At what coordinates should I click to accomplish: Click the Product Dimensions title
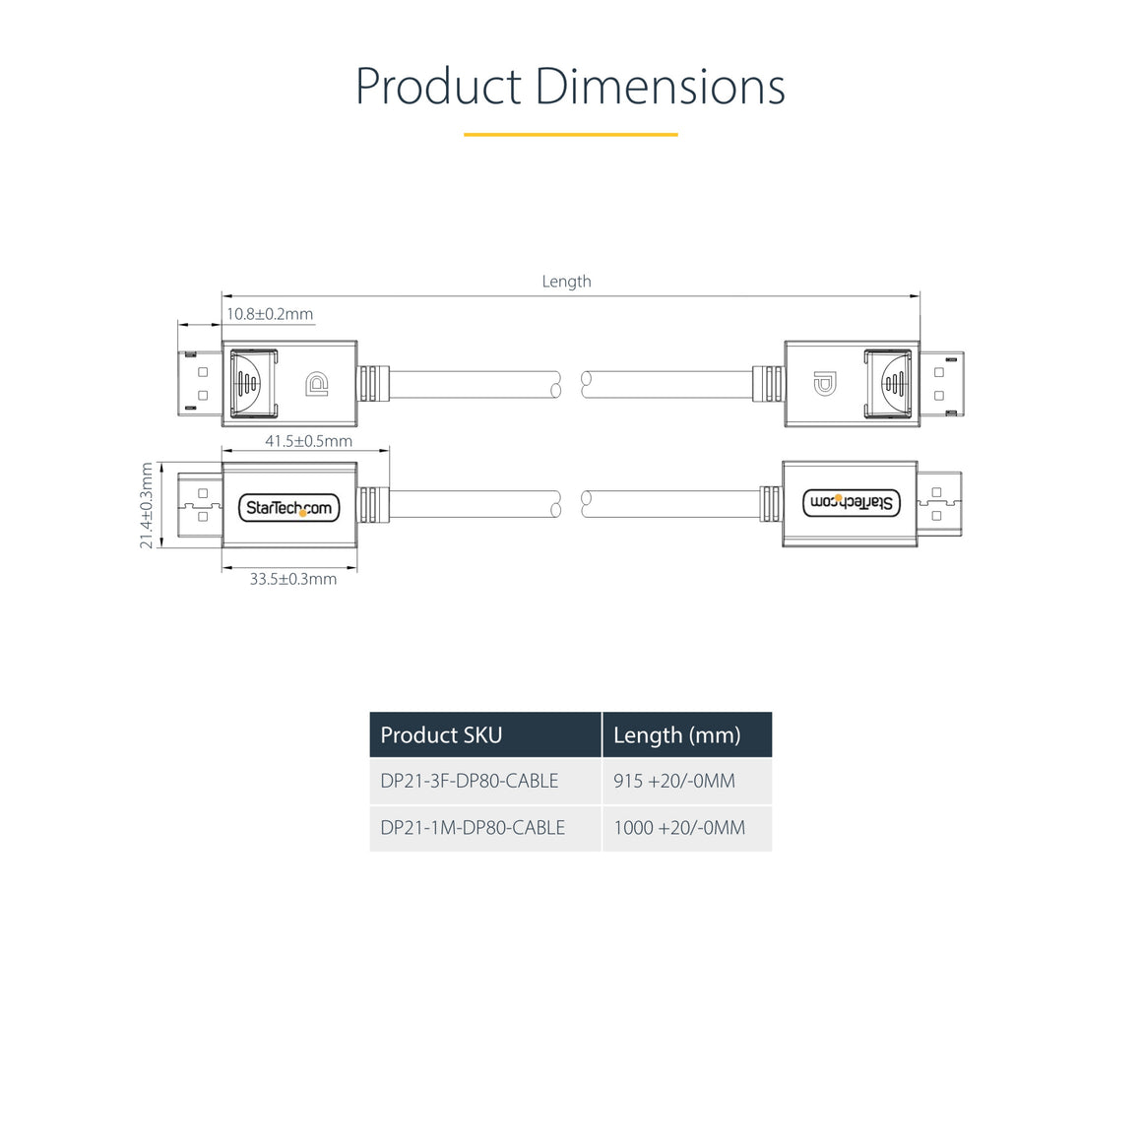click(x=570, y=87)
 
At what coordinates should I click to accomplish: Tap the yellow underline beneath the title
click(x=570, y=134)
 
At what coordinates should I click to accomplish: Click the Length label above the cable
click(x=566, y=282)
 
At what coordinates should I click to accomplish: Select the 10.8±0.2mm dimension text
click(x=270, y=314)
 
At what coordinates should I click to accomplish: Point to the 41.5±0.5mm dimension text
click(x=308, y=441)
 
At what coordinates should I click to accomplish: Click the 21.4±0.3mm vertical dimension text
click(x=147, y=505)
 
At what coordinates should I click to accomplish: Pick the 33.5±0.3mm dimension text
click(x=292, y=579)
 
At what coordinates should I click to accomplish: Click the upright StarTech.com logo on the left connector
click(x=289, y=508)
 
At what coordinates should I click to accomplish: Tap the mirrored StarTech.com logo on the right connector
click(x=852, y=503)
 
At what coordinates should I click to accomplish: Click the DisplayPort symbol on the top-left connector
click(x=317, y=384)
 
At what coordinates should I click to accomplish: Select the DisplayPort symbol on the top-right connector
click(x=824, y=384)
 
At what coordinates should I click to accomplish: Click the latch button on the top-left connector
click(x=252, y=383)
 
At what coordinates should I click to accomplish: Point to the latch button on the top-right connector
click(x=889, y=383)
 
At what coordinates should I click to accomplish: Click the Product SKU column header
click(x=441, y=735)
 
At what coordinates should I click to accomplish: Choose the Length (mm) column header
click(x=676, y=735)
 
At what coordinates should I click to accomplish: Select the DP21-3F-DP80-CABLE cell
click(x=470, y=781)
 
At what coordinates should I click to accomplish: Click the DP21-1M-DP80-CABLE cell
click(x=473, y=828)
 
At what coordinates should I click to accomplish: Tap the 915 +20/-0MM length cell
click(x=674, y=781)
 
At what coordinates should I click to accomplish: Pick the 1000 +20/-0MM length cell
click(x=679, y=828)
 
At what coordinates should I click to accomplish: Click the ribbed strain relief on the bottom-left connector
click(x=369, y=505)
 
